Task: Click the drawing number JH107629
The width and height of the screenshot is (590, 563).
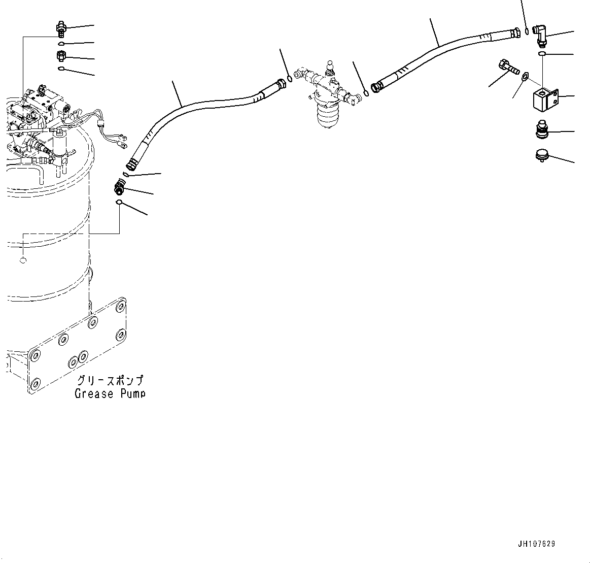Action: tap(536, 544)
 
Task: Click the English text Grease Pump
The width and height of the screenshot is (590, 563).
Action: tap(110, 393)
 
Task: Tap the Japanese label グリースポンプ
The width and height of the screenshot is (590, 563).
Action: tap(110, 381)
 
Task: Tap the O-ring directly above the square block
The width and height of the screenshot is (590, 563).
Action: tap(542, 53)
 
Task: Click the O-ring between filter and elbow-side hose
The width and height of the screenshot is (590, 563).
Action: tap(366, 93)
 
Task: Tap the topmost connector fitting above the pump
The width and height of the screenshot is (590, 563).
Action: tap(61, 28)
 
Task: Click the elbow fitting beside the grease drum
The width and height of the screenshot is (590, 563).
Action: tap(120, 187)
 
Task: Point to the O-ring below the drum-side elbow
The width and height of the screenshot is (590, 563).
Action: tap(119, 203)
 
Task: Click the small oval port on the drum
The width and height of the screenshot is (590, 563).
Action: tap(22, 260)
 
